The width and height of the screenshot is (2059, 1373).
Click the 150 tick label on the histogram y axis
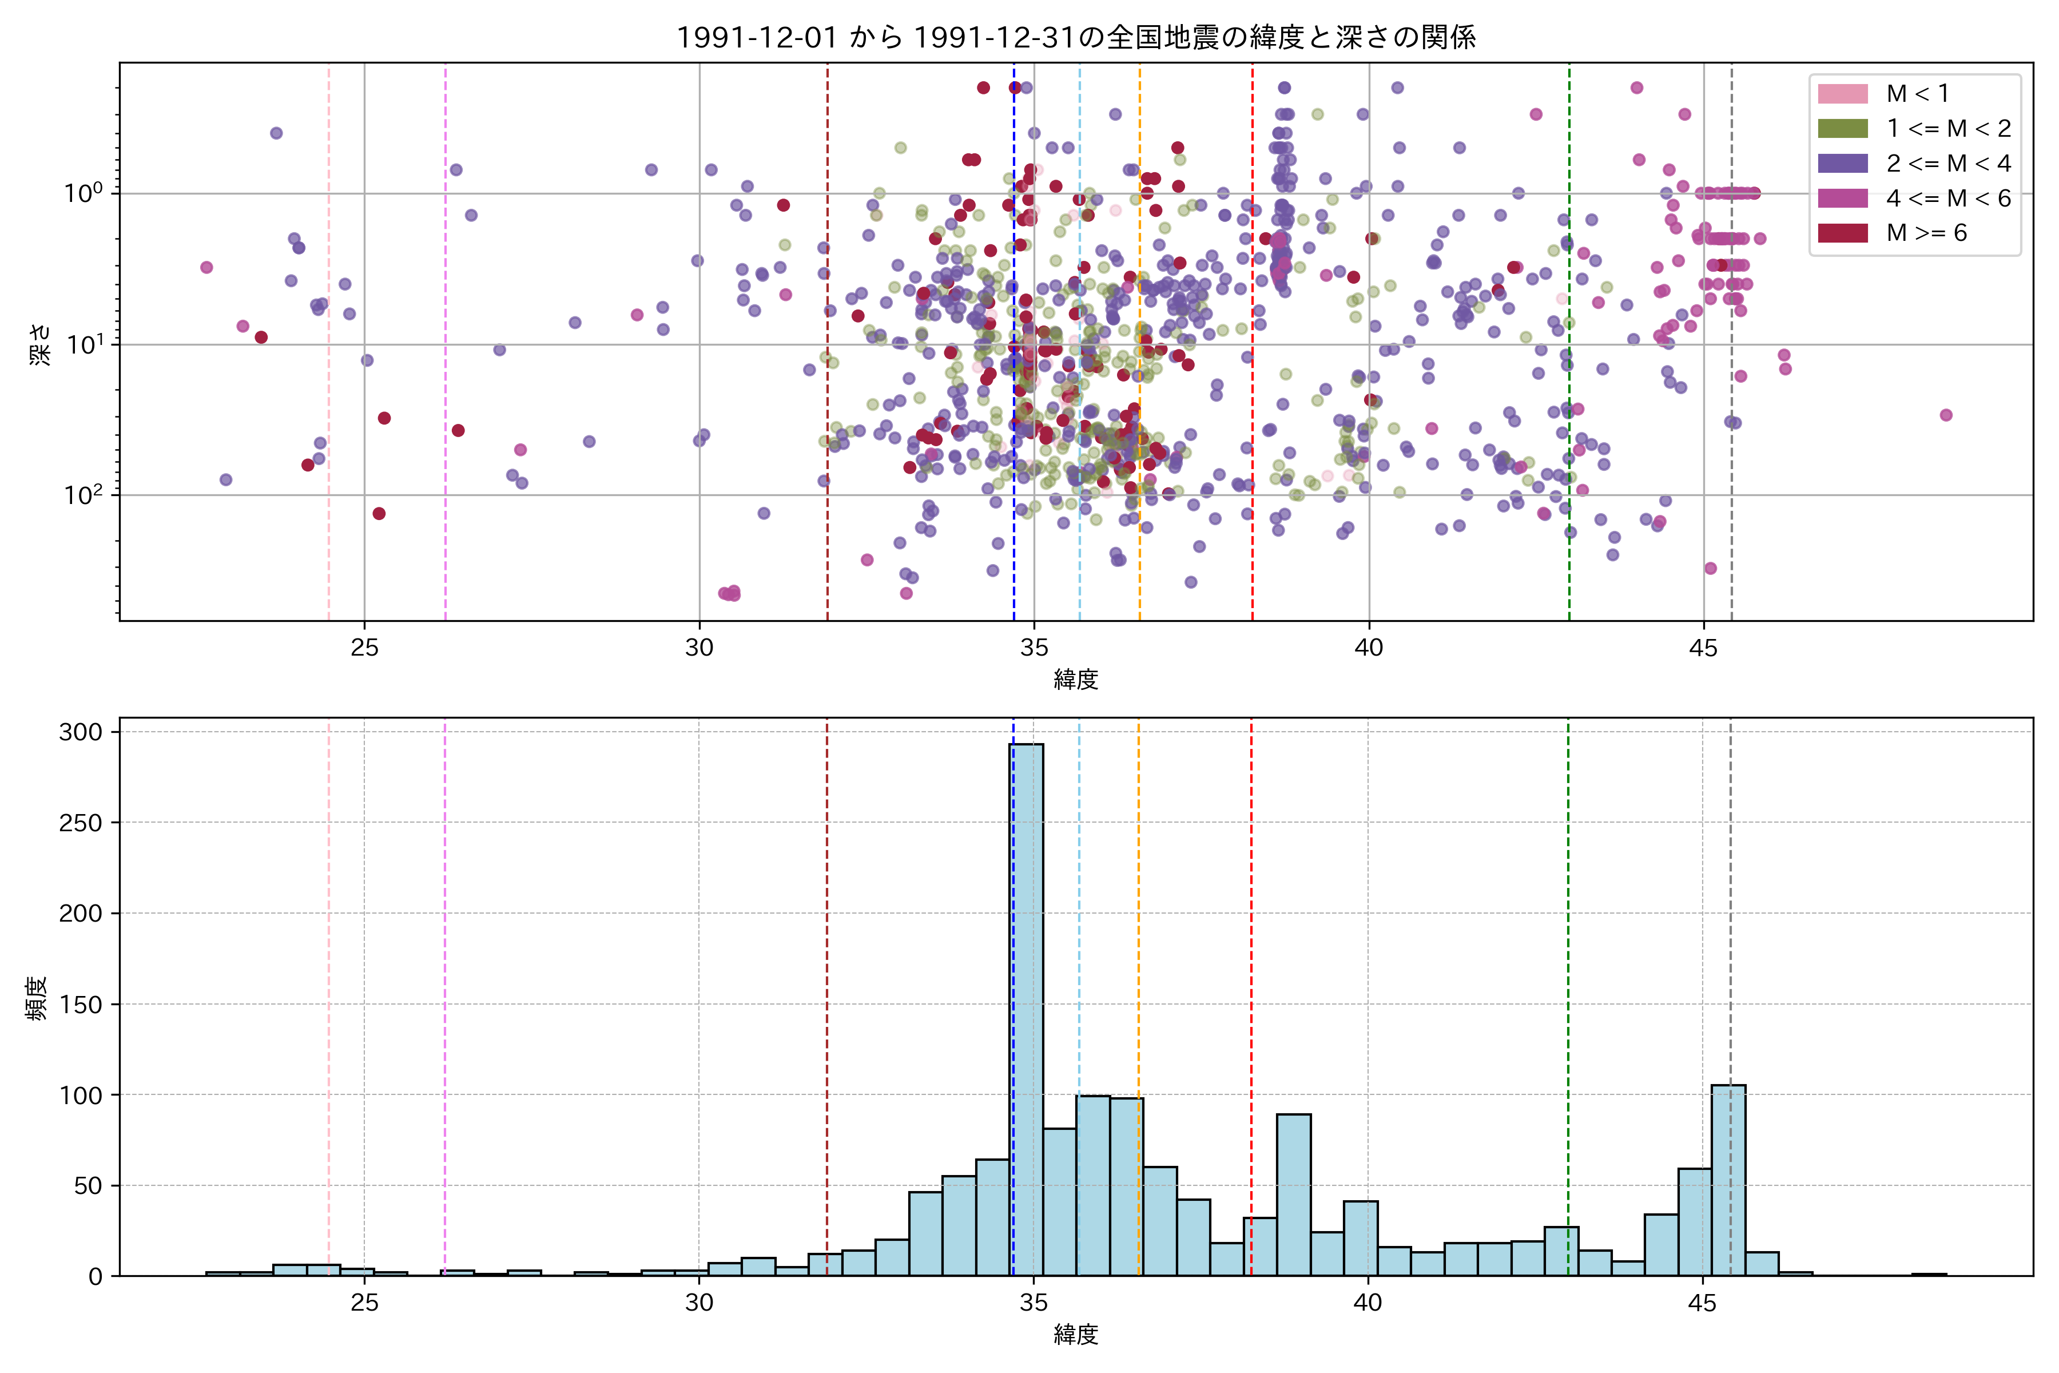[x=81, y=1005]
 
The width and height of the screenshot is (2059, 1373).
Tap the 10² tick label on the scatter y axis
[x=83, y=495]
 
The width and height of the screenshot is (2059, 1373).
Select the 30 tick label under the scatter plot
[x=699, y=648]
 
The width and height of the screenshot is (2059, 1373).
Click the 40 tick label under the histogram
[x=1368, y=1303]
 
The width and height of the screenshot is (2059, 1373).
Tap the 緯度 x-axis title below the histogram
[x=1076, y=1335]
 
